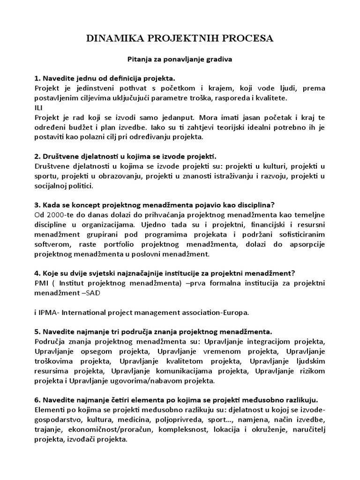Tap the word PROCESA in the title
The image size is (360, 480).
click(248, 38)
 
